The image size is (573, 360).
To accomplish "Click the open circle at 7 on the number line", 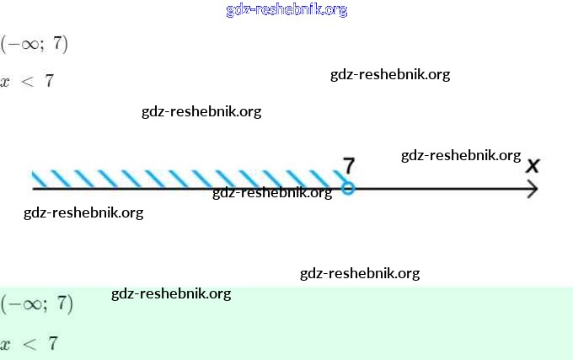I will pyautogui.click(x=348, y=189).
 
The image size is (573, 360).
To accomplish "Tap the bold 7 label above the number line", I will pyautogui.click(x=349, y=165).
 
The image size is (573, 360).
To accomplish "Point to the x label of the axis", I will pyautogui.click(x=533, y=165).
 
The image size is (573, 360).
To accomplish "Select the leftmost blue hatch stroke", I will pyautogui.click(x=40, y=179).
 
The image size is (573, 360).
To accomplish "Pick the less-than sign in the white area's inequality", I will pyautogui.click(x=26, y=82).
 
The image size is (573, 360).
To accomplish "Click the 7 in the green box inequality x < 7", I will pyautogui.click(x=53, y=343).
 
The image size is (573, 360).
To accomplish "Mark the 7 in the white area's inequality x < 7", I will pyautogui.click(x=49, y=82).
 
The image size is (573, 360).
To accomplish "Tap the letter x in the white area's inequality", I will pyautogui.click(x=6, y=83).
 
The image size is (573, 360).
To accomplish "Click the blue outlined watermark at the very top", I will pyautogui.click(x=286, y=10).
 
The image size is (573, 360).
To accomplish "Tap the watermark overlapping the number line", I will pyautogui.click(x=272, y=192).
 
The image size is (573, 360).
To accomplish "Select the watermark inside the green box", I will pyautogui.click(x=171, y=293).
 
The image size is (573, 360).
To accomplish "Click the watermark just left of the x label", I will pyautogui.click(x=461, y=155).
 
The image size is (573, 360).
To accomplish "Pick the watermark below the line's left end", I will pyautogui.click(x=83, y=212).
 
